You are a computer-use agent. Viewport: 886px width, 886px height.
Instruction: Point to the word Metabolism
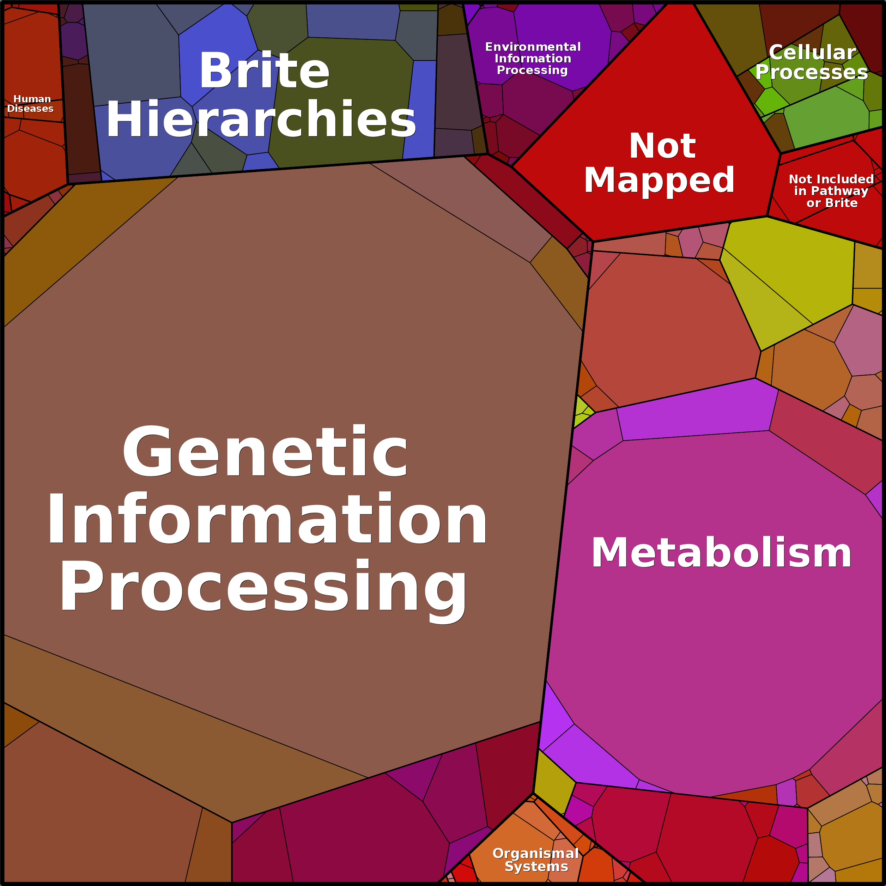coord(721,553)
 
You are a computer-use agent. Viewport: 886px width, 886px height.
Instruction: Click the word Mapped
coord(659,180)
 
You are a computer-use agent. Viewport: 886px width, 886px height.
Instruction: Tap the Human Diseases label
coord(31,104)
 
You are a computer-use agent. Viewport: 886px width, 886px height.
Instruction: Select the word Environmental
coord(533,47)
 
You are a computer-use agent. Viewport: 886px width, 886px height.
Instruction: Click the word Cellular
coord(812,53)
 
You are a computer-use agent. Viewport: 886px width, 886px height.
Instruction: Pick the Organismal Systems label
coord(536,860)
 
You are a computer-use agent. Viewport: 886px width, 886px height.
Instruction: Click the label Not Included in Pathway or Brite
coord(831,191)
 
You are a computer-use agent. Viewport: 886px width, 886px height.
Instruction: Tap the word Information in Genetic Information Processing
coord(267,520)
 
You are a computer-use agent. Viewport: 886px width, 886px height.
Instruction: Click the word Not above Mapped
coord(662,146)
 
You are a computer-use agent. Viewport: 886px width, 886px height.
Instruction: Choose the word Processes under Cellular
coord(811,72)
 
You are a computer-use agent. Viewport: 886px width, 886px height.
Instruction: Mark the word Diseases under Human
coord(30,109)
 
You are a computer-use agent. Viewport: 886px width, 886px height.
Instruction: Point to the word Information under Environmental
coord(533,59)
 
